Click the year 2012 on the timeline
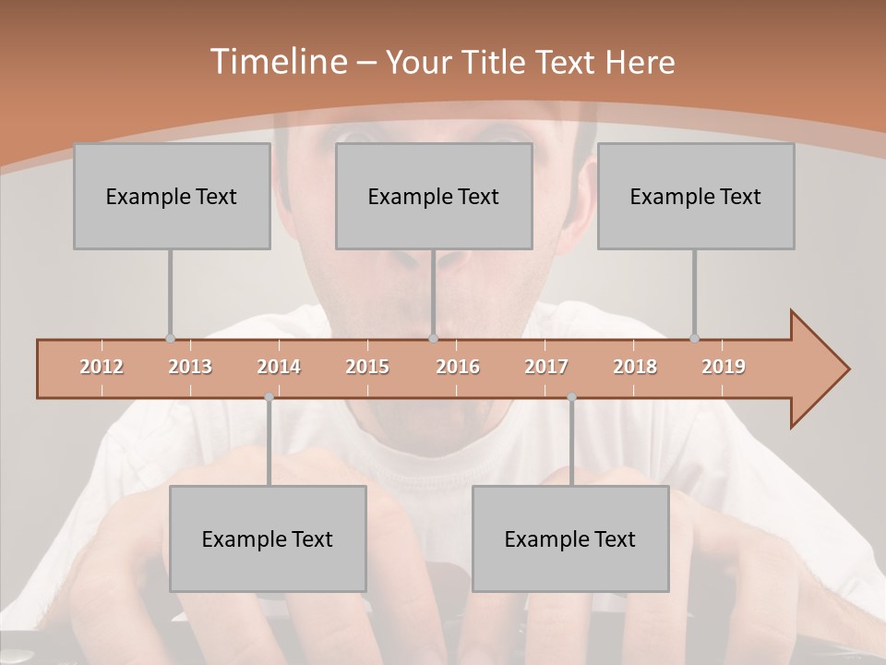click(x=102, y=368)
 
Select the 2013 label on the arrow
click(x=190, y=368)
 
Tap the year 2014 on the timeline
click(x=279, y=368)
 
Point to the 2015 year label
click(x=367, y=368)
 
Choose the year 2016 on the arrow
click(x=458, y=368)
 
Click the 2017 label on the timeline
click(x=546, y=368)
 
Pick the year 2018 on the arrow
click(x=635, y=368)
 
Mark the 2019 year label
click(x=724, y=368)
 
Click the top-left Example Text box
click(x=172, y=196)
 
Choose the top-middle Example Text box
click(x=434, y=196)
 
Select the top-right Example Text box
click(x=696, y=196)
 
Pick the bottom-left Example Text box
click(x=268, y=538)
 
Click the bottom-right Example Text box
click(x=570, y=538)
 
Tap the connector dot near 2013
click(x=170, y=339)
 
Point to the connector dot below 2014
click(x=269, y=397)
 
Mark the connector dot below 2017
click(x=571, y=397)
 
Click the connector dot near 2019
click(x=694, y=339)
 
